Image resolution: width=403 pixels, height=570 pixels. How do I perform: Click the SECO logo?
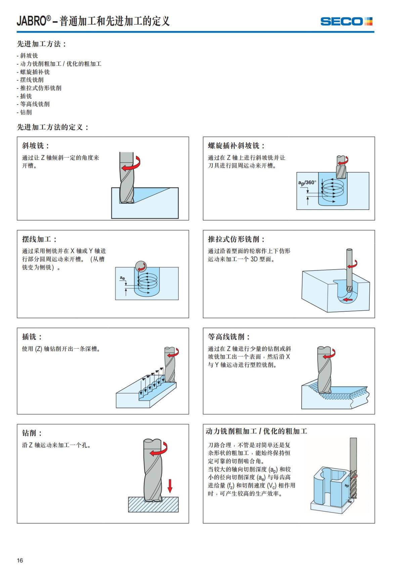[346, 21]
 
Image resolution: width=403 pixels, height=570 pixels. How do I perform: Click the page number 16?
[20, 560]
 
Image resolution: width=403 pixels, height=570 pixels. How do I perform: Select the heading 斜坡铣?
[36, 146]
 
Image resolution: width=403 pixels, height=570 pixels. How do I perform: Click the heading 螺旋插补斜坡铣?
[236, 146]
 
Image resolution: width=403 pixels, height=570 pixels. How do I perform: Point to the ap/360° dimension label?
[307, 183]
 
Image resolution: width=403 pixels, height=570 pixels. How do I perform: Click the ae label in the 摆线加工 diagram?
[123, 278]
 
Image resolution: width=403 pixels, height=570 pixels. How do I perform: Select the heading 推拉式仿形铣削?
[236, 239]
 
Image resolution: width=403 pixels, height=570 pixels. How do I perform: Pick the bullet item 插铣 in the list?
[26, 96]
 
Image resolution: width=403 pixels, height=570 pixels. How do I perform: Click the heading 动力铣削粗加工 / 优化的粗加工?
[256, 431]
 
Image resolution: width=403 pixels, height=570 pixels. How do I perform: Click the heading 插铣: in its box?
[32, 337]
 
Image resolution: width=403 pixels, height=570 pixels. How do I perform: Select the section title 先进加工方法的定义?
[53, 127]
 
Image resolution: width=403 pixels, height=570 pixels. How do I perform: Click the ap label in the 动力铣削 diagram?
[347, 486]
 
